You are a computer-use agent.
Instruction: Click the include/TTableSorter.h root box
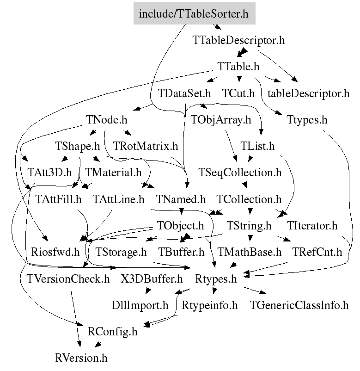tap(194, 13)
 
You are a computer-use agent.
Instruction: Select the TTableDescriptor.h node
tap(238, 40)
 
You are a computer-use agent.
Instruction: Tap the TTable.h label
tap(238, 67)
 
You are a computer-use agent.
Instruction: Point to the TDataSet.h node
tap(184, 93)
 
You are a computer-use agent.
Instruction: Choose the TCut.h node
tap(238, 93)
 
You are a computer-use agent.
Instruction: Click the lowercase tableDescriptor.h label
tap(308, 93)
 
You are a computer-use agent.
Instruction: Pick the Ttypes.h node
tap(307, 120)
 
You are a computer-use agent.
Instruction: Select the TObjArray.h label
tap(221, 120)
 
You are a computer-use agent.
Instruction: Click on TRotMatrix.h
tap(146, 146)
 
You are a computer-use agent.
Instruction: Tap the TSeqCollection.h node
tap(240, 173)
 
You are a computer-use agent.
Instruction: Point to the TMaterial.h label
tap(114, 173)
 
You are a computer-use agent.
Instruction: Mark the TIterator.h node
tap(312, 225)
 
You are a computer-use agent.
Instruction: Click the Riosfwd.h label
tap(55, 252)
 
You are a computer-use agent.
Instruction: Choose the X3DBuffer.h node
tap(152, 279)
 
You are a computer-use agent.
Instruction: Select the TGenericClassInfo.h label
tap(299, 305)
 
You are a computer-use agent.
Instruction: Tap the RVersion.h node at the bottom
tap(81, 358)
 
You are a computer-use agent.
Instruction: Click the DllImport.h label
tap(140, 305)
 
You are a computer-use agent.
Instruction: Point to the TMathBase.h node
tap(250, 252)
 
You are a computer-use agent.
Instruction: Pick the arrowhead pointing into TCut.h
tap(239, 79)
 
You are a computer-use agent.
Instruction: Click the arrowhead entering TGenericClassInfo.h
tap(263, 292)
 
